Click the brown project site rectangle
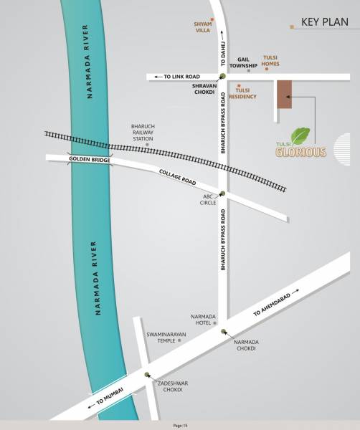285,93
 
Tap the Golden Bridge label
90,160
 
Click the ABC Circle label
208,199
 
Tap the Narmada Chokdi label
246,345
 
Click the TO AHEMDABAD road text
274,304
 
